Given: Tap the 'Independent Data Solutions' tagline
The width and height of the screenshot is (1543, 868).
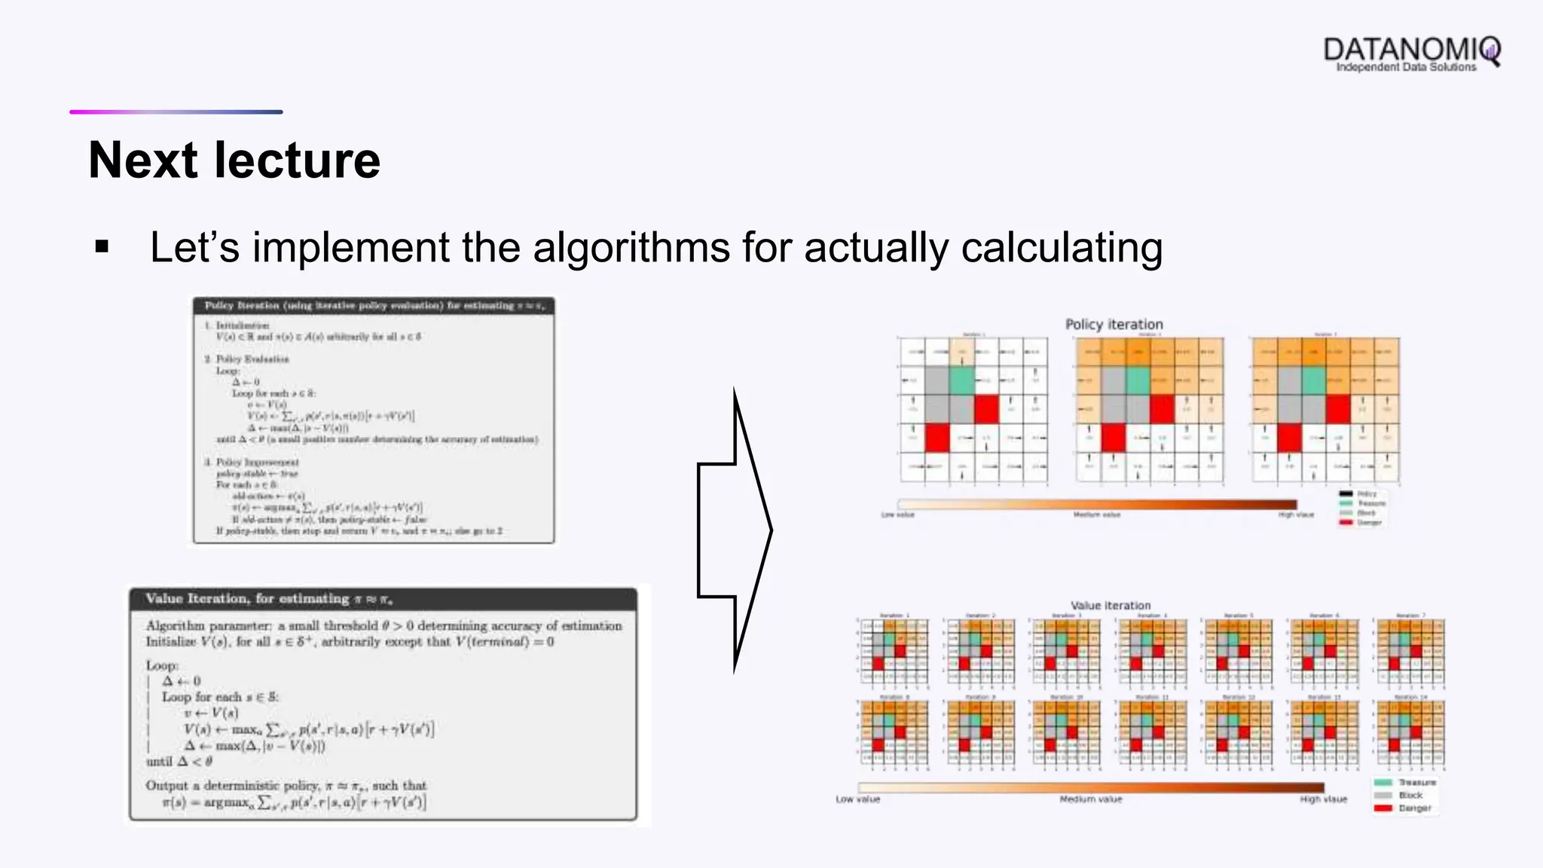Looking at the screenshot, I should [1406, 68].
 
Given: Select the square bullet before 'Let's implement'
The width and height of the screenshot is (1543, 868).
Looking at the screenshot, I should [102, 247].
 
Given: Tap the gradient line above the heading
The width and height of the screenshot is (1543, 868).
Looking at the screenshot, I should [176, 112].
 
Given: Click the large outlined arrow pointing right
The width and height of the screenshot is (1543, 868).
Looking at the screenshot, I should [734, 530].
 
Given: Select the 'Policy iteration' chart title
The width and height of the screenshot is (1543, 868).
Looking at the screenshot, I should [1114, 324].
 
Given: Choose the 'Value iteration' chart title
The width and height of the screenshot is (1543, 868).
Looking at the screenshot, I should [1111, 605].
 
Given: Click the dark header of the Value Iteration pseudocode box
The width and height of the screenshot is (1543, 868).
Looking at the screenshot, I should [383, 599].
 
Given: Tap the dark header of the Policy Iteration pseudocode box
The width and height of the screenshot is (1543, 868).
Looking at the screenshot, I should [374, 305].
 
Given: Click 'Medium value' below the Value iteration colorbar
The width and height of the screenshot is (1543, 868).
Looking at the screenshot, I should [1090, 799].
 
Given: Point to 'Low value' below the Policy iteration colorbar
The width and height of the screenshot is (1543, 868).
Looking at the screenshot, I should [897, 515].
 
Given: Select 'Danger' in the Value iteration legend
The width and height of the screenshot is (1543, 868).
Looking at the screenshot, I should [1414, 808].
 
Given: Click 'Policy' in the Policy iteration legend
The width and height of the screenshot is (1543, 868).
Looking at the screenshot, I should [1367, 494].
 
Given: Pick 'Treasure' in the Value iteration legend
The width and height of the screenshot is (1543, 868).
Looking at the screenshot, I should [1416, 783].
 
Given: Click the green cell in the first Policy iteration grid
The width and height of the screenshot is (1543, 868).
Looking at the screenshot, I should [961, 381].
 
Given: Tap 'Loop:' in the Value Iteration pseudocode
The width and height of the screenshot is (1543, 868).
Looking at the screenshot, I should [162, 666].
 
